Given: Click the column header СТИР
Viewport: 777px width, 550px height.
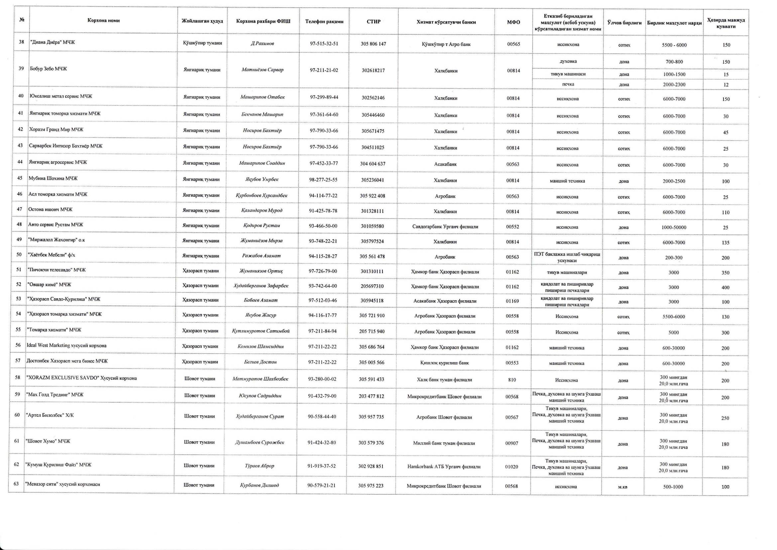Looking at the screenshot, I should pos(373,22).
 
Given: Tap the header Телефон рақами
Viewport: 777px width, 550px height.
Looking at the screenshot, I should pos(324,22).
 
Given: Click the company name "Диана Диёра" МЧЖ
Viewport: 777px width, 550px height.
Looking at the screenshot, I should pos(53,42).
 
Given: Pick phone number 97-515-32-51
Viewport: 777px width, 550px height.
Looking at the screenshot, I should pos(324,44).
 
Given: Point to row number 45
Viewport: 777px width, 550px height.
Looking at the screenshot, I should pos(20,178).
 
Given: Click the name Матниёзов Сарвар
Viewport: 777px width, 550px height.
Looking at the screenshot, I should pos(263,70).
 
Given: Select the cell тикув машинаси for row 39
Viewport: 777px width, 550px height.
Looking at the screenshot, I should pos(568,74).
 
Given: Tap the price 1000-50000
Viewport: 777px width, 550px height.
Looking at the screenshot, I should pos(674,227).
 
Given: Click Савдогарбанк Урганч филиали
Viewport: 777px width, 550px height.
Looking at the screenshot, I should pos(445,226).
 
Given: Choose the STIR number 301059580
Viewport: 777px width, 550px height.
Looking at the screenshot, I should pos(372,226).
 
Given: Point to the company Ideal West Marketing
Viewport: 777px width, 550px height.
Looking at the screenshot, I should pos(66,345).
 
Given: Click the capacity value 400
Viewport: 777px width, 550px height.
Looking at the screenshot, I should pos(725,288).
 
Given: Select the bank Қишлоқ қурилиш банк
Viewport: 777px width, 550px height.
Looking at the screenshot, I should pos(444,363).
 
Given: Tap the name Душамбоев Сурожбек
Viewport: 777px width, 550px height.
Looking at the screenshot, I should pos(260,442).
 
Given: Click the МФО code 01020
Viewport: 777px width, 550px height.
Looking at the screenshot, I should pos(511,467).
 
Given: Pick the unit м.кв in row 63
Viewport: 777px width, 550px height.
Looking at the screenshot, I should pos(623,487).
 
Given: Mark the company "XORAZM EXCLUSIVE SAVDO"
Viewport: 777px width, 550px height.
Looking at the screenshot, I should pos(81,378).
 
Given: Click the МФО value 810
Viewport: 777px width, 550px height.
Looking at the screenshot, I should pos(512,380).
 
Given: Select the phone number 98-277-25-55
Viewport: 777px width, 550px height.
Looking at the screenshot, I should pos(323,180).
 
